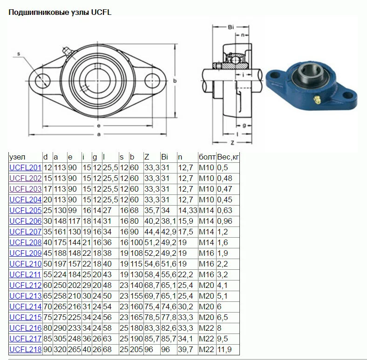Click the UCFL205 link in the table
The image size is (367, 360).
26,210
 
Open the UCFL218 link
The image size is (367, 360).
26,349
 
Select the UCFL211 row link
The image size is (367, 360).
25,275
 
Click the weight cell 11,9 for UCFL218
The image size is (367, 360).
224,349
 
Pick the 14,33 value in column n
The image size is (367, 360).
188,210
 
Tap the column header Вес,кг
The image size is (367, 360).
228,157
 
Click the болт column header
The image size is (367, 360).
207,157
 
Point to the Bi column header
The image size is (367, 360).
164,157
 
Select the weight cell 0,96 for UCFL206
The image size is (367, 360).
224,221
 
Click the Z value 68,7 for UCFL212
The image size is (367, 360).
152,286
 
